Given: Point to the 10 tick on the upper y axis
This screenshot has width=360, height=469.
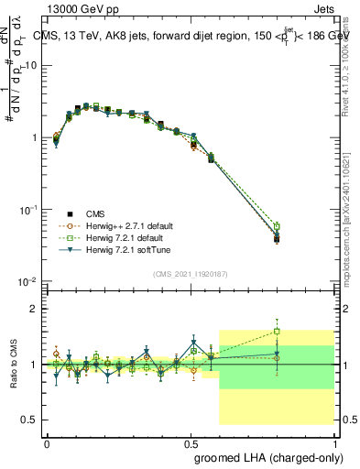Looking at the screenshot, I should click(x=31, y=66).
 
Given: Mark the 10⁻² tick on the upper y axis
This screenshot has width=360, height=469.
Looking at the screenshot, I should click(x=29, y=281).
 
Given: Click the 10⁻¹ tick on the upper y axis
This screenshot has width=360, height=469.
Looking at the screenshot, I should click(x=29, y=210).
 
